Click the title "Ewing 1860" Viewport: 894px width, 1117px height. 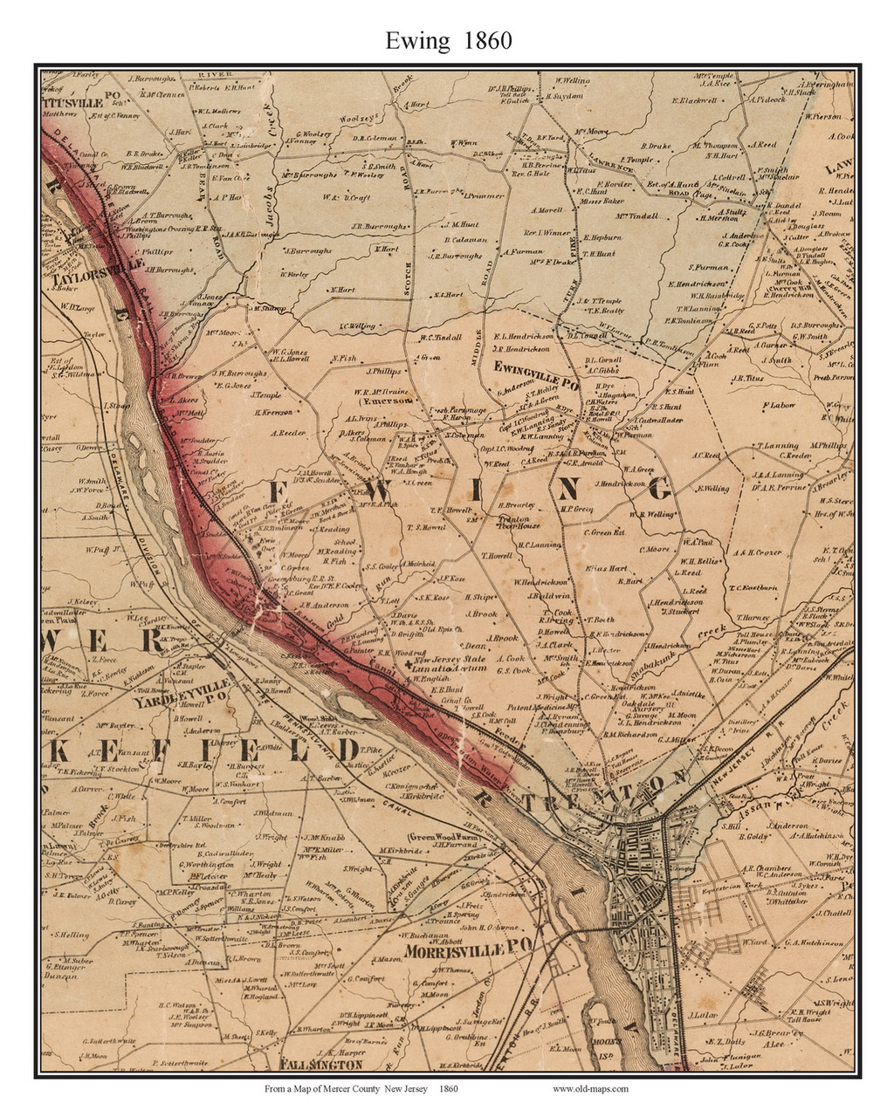coord(447,40)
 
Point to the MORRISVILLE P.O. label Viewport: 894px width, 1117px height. coord(469,950)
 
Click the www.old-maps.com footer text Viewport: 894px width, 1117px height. coord(590,1089)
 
